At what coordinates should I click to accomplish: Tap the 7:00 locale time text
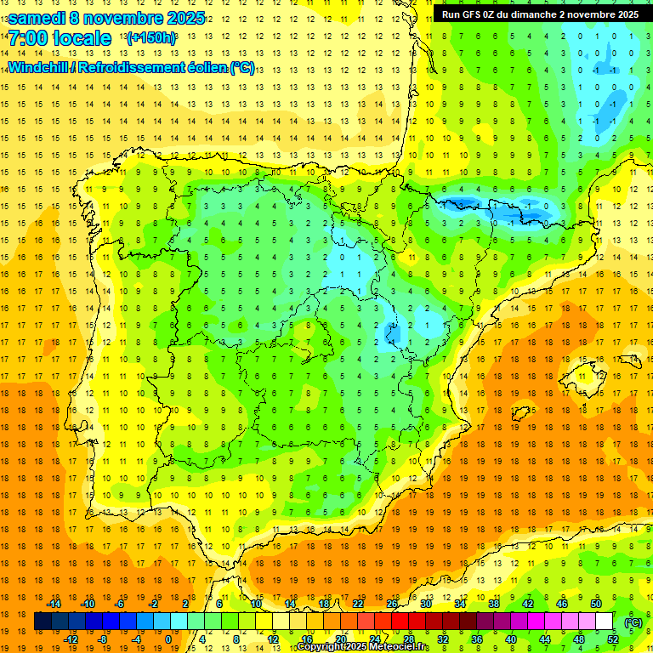coord(60,38)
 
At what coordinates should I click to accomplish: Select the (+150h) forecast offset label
coord(150,37)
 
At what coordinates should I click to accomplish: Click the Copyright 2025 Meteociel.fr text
coord(363,647)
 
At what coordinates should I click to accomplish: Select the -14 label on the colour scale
coord(54,603)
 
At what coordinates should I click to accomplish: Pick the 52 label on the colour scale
coord(613,639)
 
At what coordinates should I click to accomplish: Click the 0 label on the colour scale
coord(168,639)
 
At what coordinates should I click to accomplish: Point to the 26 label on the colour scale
coord(392,603)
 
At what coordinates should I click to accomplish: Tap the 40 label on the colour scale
coord(510,639)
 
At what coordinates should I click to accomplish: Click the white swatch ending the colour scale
coord(604,622)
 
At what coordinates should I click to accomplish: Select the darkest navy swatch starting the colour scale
coord(43,622)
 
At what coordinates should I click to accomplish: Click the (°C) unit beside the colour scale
coord(633,622)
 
